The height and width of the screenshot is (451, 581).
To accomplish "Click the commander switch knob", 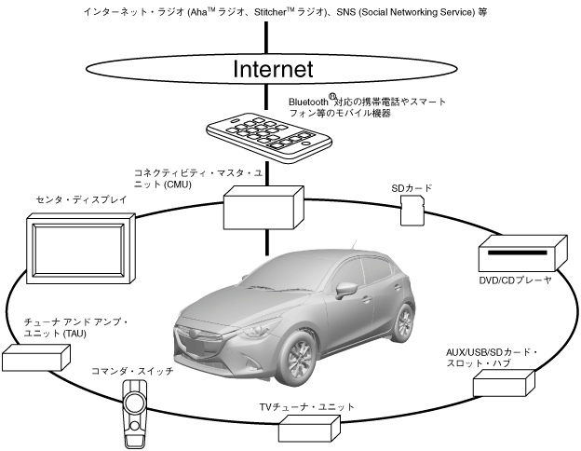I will click(136, 403).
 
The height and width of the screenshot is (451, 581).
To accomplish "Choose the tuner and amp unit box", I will click(36, 358).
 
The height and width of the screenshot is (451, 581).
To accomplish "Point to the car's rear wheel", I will click(403, 321).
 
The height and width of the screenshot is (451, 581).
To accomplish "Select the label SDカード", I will click(412, 187).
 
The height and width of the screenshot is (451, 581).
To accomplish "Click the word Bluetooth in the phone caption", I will click(308, 100).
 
